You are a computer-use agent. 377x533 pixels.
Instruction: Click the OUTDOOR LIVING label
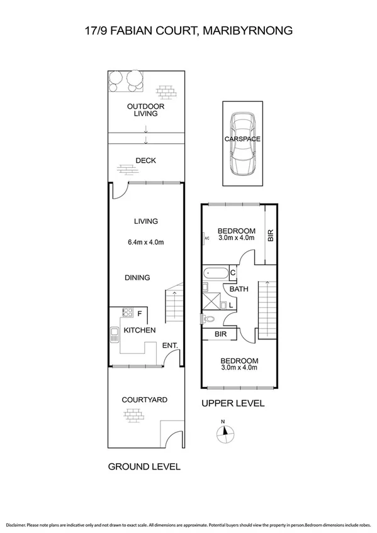coord(145,111)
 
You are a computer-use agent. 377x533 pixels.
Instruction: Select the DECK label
coord(145,161)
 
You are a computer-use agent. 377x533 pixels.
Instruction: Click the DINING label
coord(137,277)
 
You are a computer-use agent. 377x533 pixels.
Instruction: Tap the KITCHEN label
coord(139,331)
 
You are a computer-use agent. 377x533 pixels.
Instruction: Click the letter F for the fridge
coord(140,313)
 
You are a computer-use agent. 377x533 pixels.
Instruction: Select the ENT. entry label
coord(169,345)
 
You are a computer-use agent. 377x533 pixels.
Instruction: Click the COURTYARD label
coord(144,399)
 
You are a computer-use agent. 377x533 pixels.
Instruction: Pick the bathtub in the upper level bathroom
coord(215,273)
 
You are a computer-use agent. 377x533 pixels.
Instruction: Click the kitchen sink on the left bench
coord(114,334)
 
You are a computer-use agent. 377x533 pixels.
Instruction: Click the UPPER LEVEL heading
coord(233,404)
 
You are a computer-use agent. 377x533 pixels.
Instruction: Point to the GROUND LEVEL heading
coord(144,466)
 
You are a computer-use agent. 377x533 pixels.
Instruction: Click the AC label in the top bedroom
coord(206,238)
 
